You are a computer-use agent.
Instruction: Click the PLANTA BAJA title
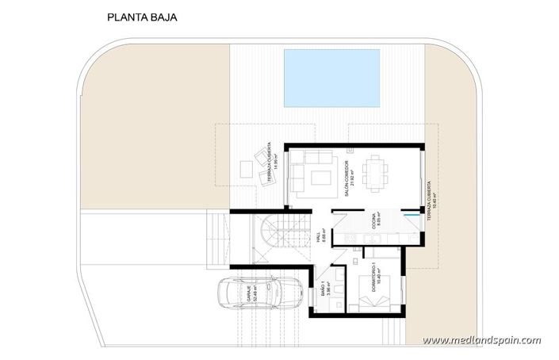pyautogui.click(x=142, y=15)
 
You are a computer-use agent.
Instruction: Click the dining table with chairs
pyautogui.click(x=376, y=172)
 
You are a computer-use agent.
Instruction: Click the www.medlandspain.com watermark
pyautogui.click(x=482, y=341)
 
